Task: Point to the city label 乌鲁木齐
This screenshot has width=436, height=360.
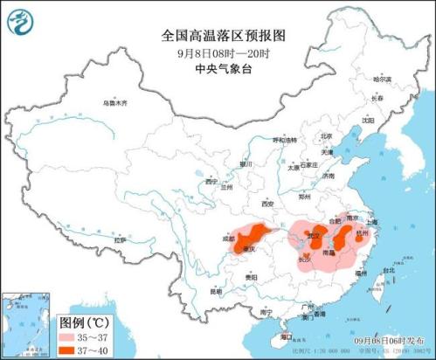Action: click(114, 103)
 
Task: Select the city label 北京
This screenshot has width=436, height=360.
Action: click(326, 136)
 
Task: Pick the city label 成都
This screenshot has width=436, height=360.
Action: click(228, 237)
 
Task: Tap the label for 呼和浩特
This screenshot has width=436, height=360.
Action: click(285, 140)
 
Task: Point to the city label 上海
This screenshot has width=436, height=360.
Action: click(373, 222)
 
